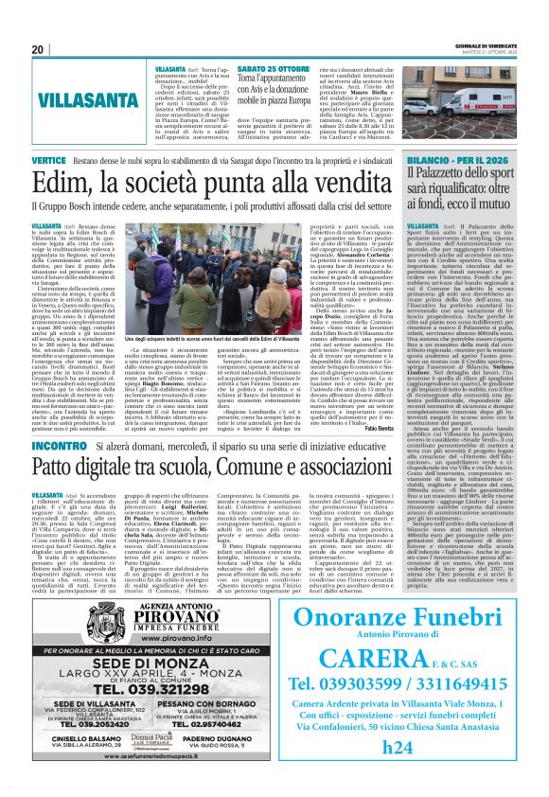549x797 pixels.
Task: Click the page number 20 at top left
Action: [38, 49]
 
